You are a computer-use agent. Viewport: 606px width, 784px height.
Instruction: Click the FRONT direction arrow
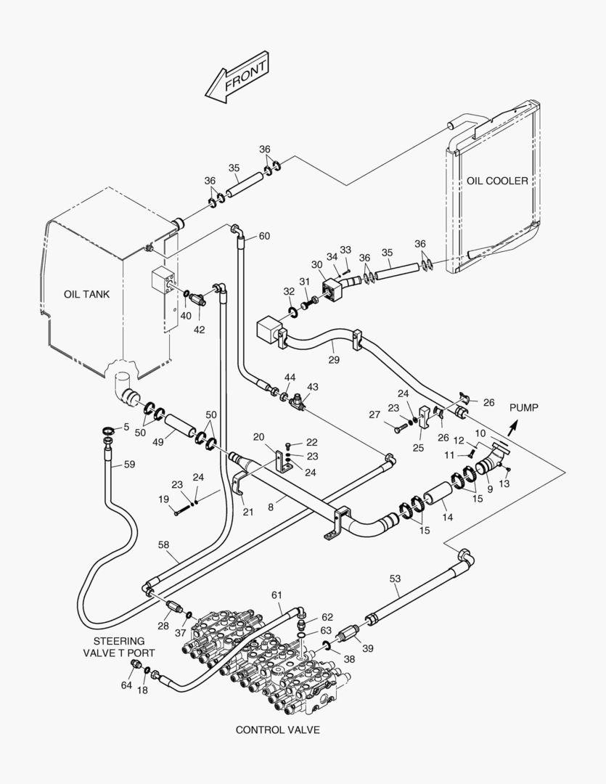tap(237, 77)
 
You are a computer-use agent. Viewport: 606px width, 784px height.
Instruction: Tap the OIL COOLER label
tap(498, 181)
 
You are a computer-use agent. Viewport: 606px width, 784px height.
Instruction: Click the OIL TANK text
tap(86, 294)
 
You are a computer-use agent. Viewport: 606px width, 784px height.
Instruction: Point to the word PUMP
tap(523, 408)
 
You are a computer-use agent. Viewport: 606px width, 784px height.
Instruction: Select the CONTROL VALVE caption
tap(277, 730)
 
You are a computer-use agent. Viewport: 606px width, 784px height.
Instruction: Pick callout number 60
tap(264, 236)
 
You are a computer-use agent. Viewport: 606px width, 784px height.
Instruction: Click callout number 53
tap(395, 579)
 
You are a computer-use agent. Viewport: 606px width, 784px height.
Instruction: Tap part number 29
tap(334, 359)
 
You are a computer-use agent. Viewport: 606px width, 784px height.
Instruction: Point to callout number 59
tap(129, 465)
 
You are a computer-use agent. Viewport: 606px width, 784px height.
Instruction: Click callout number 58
tap(164, 544)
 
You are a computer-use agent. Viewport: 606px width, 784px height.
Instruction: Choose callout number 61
tap(277, 595)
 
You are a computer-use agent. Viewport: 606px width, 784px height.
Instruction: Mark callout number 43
tap(313, 387)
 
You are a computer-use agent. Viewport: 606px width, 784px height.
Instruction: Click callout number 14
tap(448, 518)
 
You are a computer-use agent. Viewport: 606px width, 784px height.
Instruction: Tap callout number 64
tap(126, 685)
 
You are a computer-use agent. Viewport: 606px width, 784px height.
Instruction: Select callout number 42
tap(199, 330)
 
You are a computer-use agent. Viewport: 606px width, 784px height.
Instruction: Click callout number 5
tap(126, 427)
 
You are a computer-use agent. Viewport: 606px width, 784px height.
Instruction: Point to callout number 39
tap(368, 648)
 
